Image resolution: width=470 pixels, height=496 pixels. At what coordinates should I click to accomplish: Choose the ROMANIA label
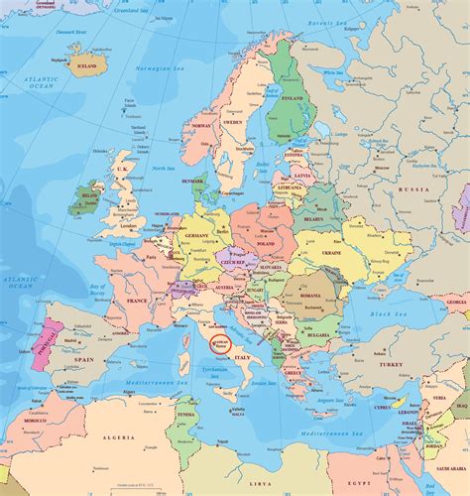pyautogui.click(x=310, y=295)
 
